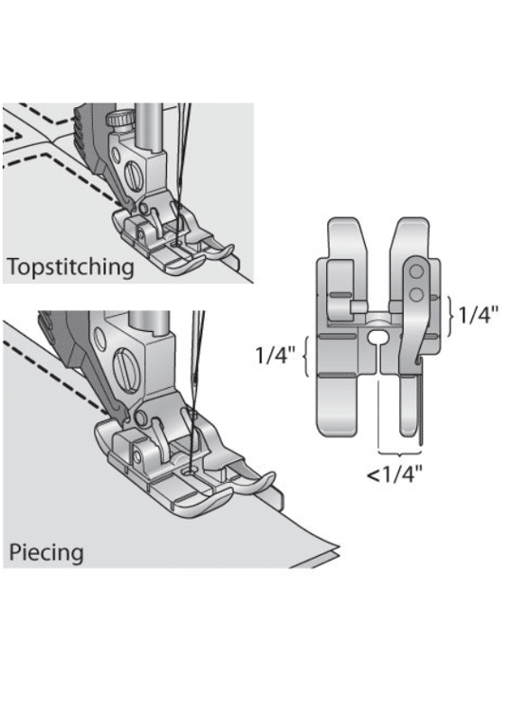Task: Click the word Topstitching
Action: pyautogui.click(x=71, y=268)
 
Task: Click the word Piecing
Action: pyautogui.click(x=46, y=552)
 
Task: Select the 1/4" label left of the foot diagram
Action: pyautogui.click(x=276, y=356)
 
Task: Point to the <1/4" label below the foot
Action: pyautogui.click(x=394, y=474)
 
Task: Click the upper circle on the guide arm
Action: pyautogui.click(x=416, y=270)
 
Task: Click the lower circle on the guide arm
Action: pyautogui.click(x=416, y=294)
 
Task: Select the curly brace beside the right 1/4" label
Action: pyautogui.click(x=449, y=315)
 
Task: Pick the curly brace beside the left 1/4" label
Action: pyautogui.click(x=306, y=356)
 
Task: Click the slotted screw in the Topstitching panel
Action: pyautogui.click(x=134, y=175)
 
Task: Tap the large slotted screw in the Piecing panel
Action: pyautogui.click(x=126, y=363)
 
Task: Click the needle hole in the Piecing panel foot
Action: pyautogui.click(x=191, y=471)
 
